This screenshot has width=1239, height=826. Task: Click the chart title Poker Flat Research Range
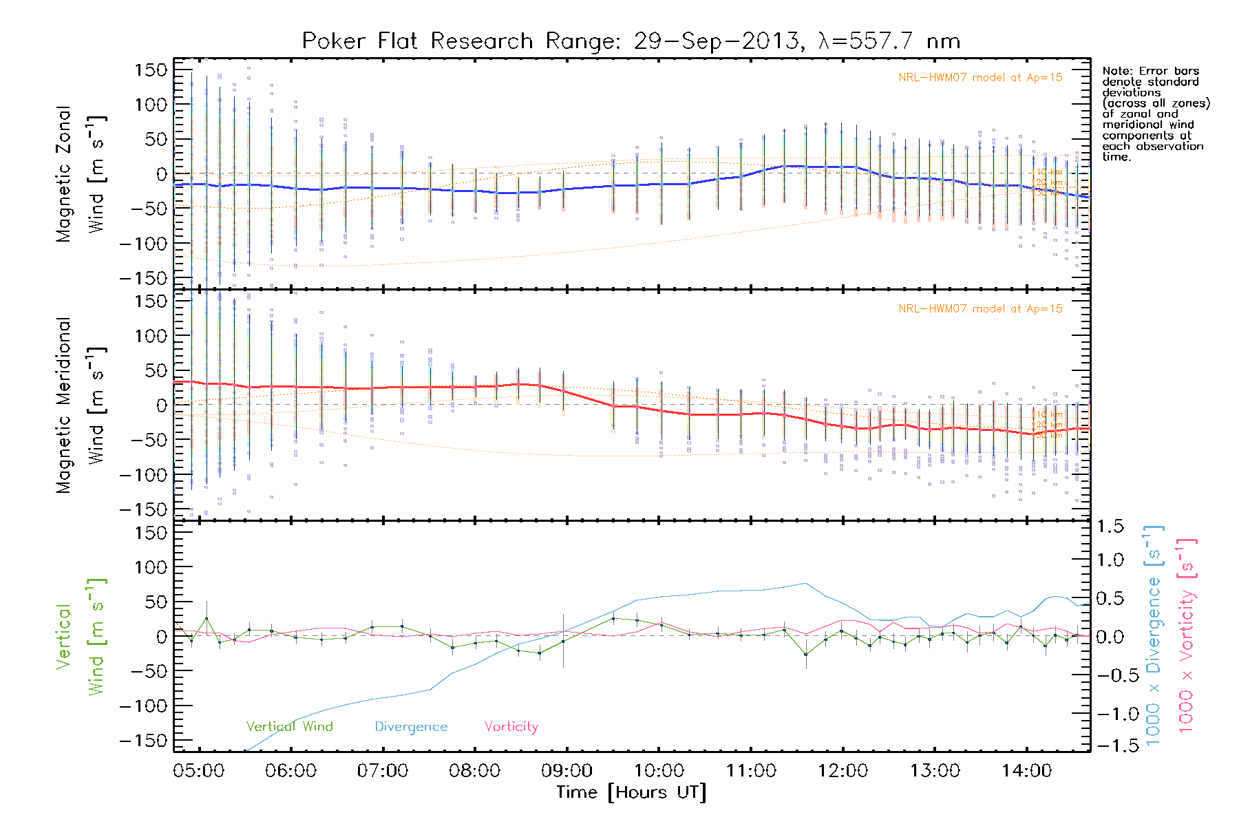pos(631,41)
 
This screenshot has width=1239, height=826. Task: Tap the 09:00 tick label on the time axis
pos(566,771)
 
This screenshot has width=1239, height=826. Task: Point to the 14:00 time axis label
pos(1026,771)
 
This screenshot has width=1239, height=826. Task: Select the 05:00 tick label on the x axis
pos(199,771)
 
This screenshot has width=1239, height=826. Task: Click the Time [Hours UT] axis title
pos(631,792)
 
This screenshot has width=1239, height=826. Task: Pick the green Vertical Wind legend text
pos(289,727)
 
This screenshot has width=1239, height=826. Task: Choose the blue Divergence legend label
pos(411,727)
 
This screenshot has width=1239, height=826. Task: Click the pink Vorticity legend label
pos(511,727)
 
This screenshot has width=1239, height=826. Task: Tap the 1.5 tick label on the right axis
pos(1110,527)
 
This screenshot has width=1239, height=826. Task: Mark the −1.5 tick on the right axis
pos(1109,745)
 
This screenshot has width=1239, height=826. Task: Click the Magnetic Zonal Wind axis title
pos(81,173)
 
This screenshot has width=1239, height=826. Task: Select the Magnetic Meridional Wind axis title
pos(81,405)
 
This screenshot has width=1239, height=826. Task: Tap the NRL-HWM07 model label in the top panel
pos(980,78)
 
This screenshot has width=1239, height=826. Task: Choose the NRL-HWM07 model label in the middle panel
pos(980,309)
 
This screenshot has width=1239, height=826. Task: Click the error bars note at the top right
pos(1155,114)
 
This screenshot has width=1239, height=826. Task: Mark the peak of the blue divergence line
pos(806,583)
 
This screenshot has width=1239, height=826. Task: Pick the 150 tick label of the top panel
pos(151,70)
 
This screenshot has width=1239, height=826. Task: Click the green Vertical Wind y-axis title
pos(81,637)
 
